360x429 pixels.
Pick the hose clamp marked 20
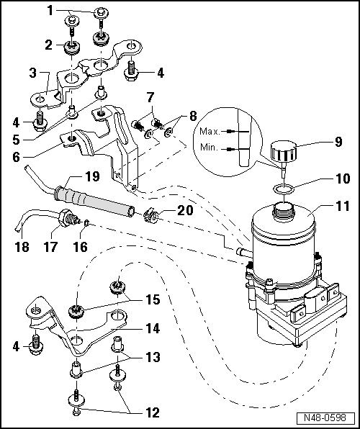pyautogui.click(x=150, y=212)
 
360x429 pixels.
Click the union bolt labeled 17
pyautogui.click(x=66, y=217)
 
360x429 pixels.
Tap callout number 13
pyautogui.click(x=150, y=358)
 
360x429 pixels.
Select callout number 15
pyautogui.click(x=150, y=298)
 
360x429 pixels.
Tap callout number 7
pyautogui.click(x=150, y=96)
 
